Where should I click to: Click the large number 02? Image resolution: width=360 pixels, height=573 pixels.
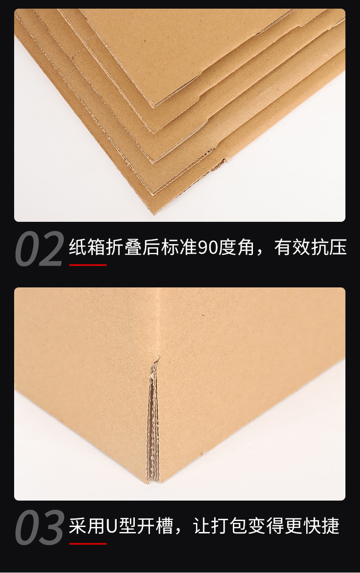39,249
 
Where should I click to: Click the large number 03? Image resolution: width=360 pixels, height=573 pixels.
39,527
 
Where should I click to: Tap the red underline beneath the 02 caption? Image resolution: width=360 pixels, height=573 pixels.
87,265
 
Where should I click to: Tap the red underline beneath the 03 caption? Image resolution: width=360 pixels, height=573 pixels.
87,543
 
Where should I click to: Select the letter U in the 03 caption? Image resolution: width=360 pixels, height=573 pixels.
112,527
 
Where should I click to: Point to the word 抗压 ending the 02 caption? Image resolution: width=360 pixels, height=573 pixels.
329,248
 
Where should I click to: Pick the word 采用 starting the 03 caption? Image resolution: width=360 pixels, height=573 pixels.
87,527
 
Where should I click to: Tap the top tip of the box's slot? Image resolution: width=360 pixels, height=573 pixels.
157,359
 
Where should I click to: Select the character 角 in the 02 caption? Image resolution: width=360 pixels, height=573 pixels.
246,248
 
